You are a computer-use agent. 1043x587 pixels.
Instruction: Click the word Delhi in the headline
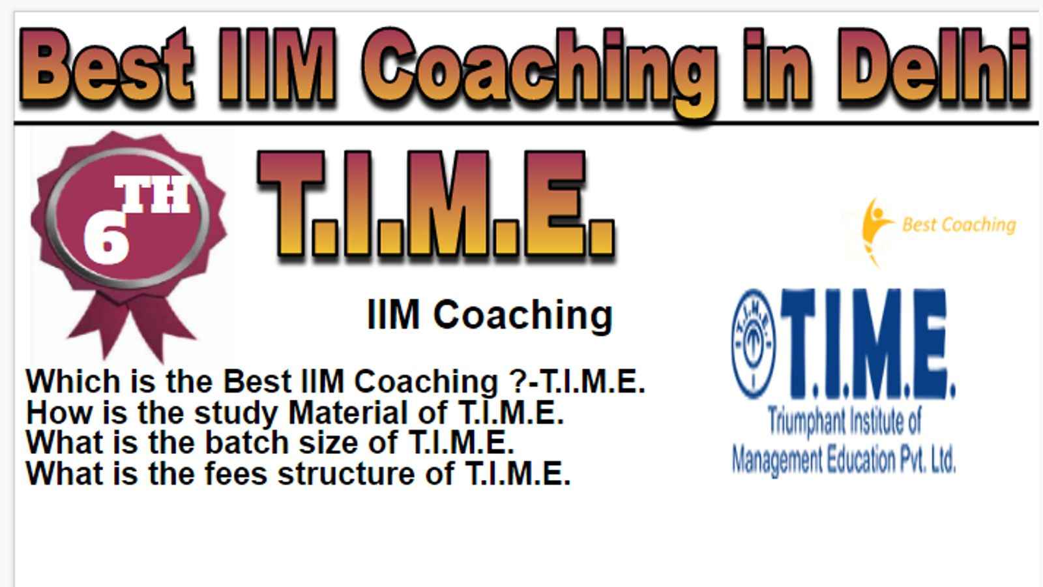[x=933, y=65]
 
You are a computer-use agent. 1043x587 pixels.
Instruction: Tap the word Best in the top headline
[x=106, y=65]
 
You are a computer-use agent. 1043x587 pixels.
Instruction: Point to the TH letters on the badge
[x=153, y=194]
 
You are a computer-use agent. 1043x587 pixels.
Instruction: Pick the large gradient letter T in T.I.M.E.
[x=291, y=203]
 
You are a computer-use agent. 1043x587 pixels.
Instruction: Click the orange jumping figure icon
[x=875, y=232]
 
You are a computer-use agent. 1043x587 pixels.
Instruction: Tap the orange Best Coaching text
[x=959, y=225]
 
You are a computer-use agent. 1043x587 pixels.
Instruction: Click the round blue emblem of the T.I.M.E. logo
[x=754, y=344]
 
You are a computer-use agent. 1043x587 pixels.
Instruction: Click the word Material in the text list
[x=368, y=413]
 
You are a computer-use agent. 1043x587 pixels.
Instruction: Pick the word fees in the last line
[x=235, y=474]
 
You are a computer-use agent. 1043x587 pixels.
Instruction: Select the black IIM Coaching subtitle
[x=490, y=315]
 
